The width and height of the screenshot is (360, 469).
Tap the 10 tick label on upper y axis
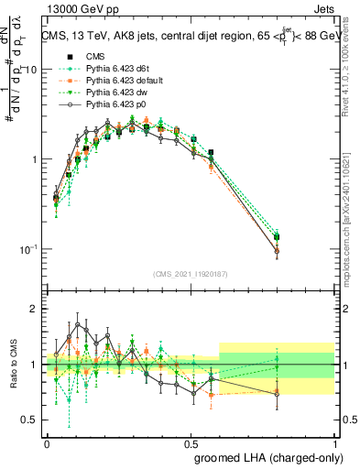pyautogui.click(x=31, y=71)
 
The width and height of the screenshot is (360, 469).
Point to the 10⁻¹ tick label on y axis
pyautogui.click(x=29, y=249)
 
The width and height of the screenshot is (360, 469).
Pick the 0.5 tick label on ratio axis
pyautogui.click(x=33, y=420)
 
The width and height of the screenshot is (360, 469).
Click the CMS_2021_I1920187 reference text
pyautogui.click(x=191, y=274)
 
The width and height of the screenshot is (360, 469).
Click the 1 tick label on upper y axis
pyautogui.click(x=35, y=159)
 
